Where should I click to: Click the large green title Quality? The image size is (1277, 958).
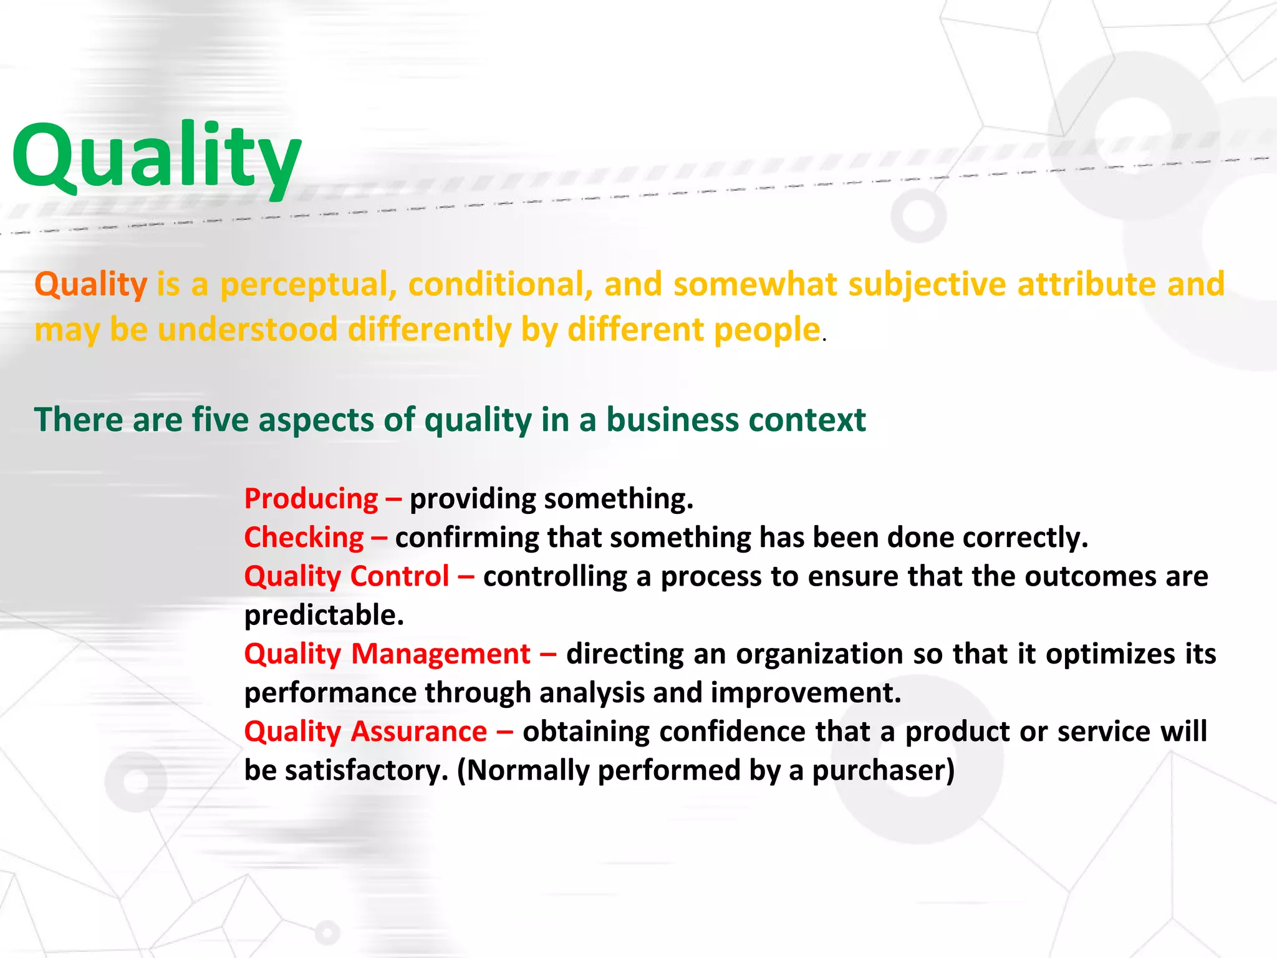pyautogui.click(x=156, y=156)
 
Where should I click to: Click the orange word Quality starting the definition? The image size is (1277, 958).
pyautogui.click(x=91, y=284)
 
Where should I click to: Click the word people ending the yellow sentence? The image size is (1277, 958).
pyautogui.click(x=766, y=329)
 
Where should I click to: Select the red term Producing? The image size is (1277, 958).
pyautogui.click(x=311, y=499)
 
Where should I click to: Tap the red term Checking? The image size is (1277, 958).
pyautogui.click(x=304, y=538)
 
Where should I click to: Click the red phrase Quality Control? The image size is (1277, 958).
pyautogui.click(x=347, y=576)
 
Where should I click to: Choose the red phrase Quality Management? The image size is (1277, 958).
pyautogui.click(x=387, y=654)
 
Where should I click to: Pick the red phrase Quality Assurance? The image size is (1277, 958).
pyautogui.click(x=365, y=732)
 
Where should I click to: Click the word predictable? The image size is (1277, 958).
pyautogui.click(x=324, y=616)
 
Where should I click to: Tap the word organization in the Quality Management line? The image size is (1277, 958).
pyautogui.click(x=819, y=654)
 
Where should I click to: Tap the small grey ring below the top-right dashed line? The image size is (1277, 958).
pyautogui.click(x=918, y=215)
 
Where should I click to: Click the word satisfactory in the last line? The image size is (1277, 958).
pyautogui.click(x=366, y=770)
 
